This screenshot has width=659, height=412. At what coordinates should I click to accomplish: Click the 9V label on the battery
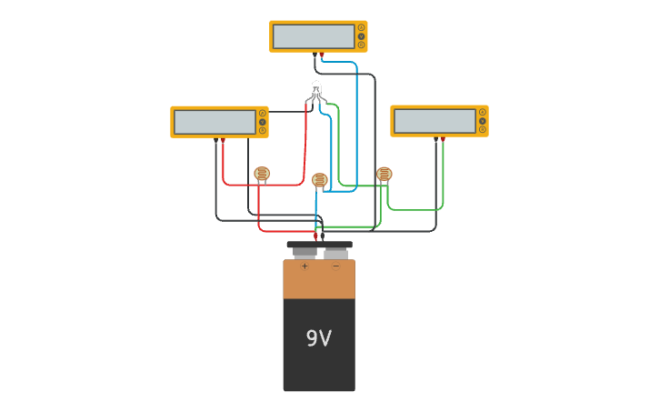[318, 339]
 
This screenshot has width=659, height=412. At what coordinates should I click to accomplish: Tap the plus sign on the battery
[305, 266]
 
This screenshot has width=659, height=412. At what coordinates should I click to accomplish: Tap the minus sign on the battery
[334, 266]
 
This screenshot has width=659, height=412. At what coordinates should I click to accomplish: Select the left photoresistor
[262, 174]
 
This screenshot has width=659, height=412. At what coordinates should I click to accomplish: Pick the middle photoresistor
[319, 180]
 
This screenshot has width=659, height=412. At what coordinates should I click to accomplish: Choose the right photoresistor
[384, 174]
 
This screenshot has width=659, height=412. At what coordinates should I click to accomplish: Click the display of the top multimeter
[314, 36]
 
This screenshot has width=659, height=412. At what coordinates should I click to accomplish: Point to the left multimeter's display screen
[215, 122]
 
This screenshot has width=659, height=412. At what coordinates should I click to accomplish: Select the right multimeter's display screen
[434, 121]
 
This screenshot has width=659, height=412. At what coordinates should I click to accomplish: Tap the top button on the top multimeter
[361, 27]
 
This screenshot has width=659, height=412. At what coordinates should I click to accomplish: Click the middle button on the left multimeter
[263, 122]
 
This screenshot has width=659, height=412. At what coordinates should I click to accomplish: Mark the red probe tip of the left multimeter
[223, 141]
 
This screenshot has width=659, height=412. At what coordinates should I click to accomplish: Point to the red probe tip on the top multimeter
[322, 55]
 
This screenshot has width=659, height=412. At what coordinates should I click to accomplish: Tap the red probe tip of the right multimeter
[443, 140]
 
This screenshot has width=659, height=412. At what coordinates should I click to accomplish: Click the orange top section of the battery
[319, 280]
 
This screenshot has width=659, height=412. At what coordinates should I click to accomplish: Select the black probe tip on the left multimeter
[216, 141]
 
